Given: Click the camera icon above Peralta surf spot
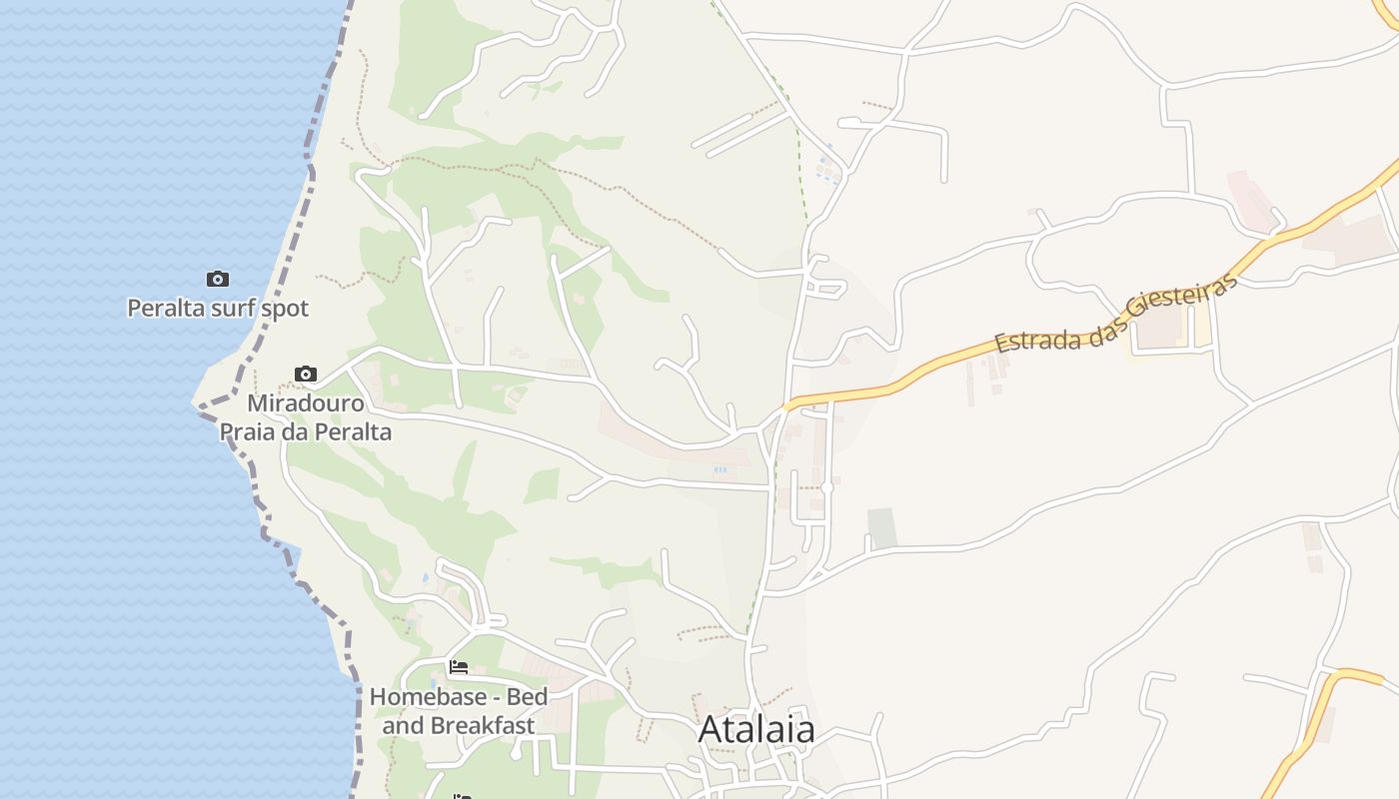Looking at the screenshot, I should click(x=218, y=279).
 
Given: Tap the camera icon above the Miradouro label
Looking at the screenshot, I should click(x=306, y=375).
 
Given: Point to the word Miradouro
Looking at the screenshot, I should click(x=306, y=404).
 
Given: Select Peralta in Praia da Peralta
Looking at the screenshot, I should click(x=353, y=432).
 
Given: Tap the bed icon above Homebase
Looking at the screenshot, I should click(x=459, y=667).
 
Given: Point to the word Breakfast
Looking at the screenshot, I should click(x=483, y=725).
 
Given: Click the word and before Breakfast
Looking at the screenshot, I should click(x=403, y=725).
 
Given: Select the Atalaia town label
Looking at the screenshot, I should click(x=756, y=729).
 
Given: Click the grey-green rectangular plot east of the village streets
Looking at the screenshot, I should click(x=881, y=527).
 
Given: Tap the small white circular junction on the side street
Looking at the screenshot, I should click(x=827, y=487).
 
